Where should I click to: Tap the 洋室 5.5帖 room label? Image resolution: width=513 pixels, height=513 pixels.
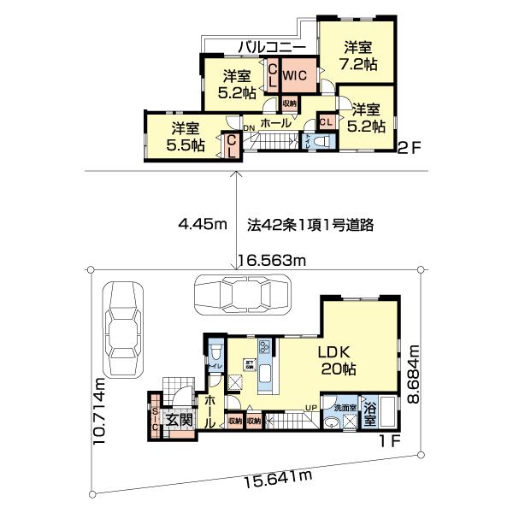(186, 137)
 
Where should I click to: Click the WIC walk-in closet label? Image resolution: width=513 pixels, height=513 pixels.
(295, 75)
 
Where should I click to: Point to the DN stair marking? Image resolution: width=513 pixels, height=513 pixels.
(249, 129)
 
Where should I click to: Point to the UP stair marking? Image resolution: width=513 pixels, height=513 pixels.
(313, 407)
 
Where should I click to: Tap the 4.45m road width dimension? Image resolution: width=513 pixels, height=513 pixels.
(202, 226)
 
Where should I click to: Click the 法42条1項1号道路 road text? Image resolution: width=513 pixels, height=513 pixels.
(312, 226)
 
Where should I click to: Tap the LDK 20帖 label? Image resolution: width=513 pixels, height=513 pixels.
(338, 361)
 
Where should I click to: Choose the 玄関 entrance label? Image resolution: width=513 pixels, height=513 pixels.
(179, 420)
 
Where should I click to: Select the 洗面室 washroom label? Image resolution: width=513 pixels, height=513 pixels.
(345, 408)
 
